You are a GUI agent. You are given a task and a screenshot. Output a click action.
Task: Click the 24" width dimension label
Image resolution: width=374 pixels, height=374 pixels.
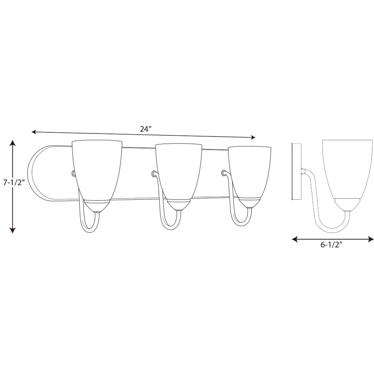tap(146, 129)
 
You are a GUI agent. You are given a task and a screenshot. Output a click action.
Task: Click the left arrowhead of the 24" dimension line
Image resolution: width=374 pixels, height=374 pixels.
tap(34, 132)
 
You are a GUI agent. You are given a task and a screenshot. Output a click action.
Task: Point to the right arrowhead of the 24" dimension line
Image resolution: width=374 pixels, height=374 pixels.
tap(253, 137)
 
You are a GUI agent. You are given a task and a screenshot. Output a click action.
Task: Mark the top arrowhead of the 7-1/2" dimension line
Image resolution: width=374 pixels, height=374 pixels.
tap(13, 143)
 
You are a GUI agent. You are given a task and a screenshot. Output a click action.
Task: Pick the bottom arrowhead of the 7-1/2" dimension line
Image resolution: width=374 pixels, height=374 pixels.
tap(13, 230)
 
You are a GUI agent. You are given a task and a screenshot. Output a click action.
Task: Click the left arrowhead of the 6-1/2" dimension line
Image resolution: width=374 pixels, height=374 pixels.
tap(295, 239)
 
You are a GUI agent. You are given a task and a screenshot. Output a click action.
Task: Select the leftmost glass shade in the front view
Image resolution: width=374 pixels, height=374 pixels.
tap(97, 171)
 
